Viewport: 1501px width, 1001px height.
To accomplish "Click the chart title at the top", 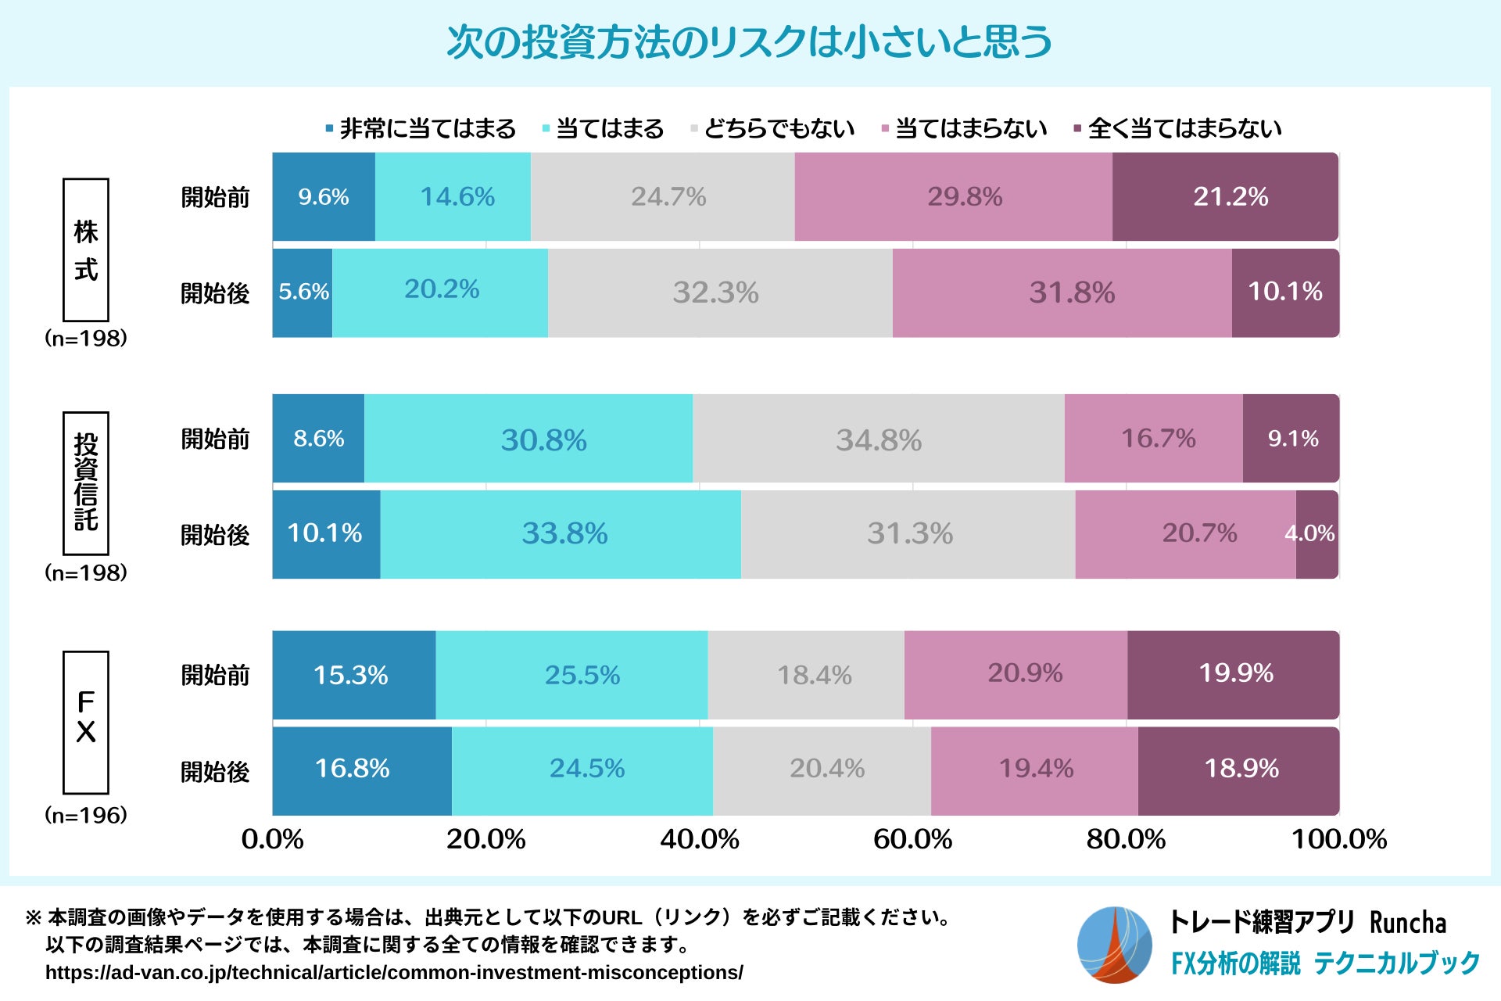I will click(x=749, y=42).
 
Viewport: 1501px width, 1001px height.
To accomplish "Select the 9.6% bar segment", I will click(x=324, y=196).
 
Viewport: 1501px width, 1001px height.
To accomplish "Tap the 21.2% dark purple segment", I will click(x=1225, y=196).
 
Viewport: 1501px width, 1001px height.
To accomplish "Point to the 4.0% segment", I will click(x=1317, y=534).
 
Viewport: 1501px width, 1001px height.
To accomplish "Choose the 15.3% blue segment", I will click(x=353, y=675).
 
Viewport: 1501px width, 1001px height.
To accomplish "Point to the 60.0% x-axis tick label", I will click(x=912, y=839).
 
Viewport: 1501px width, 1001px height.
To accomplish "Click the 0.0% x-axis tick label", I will click(x=272, y=839).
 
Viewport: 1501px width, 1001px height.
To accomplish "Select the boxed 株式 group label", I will click(x=86, y=250).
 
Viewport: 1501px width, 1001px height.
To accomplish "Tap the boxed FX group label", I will click(x=86, y=722).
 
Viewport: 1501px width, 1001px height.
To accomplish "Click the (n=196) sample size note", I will click(x=86, y=815).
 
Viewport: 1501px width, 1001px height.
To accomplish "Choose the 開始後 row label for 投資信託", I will click(x=215, y=535).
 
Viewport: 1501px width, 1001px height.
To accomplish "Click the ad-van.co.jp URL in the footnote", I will click(x=394, y=973).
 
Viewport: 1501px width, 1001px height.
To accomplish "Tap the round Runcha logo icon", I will click(x=1114, y=945).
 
